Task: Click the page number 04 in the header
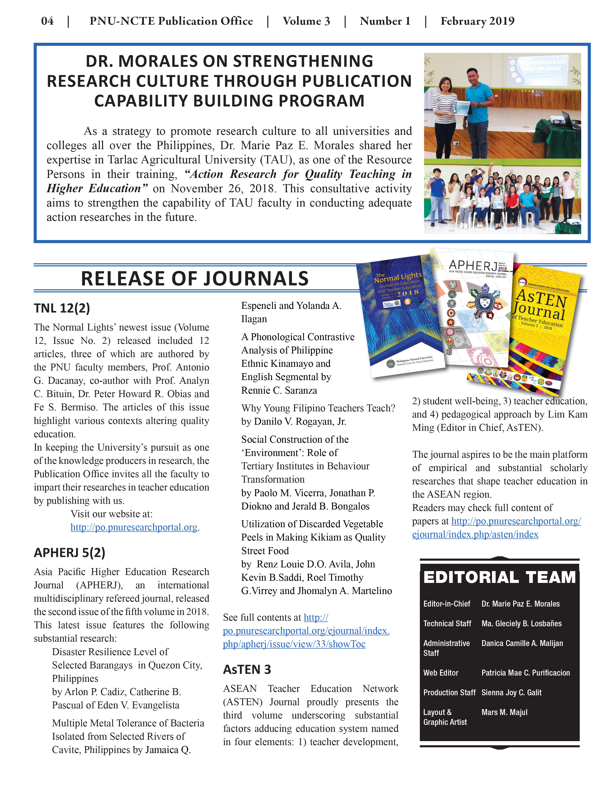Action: pos(47,21)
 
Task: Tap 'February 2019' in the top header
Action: pos(477,21)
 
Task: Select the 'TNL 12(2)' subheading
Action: pos(62,308)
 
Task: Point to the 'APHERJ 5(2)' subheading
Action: pos(69,552)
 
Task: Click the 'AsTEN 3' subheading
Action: pos(247,669)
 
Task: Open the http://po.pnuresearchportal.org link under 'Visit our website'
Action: pos(134,527)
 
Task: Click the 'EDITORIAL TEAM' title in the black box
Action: pos(499,577)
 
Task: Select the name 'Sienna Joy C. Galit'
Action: pos(511,692)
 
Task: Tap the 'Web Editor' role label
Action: pos(441,673)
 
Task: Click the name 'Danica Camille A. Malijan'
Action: pos(522,643)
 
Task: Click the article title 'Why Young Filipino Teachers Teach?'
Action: pos(318,408)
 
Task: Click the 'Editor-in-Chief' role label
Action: pos(447,604)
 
